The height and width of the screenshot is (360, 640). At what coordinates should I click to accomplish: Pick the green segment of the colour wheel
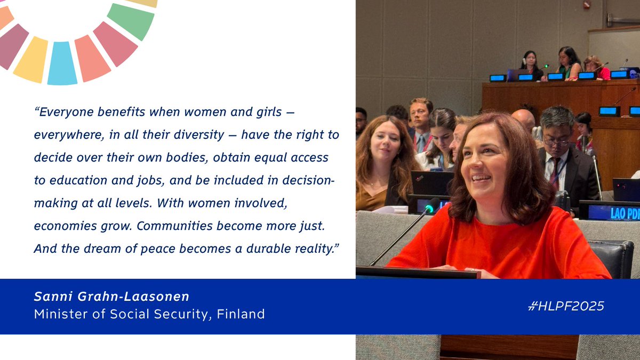coord(131,20)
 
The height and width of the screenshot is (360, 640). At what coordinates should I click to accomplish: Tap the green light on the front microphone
coord(429,205)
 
